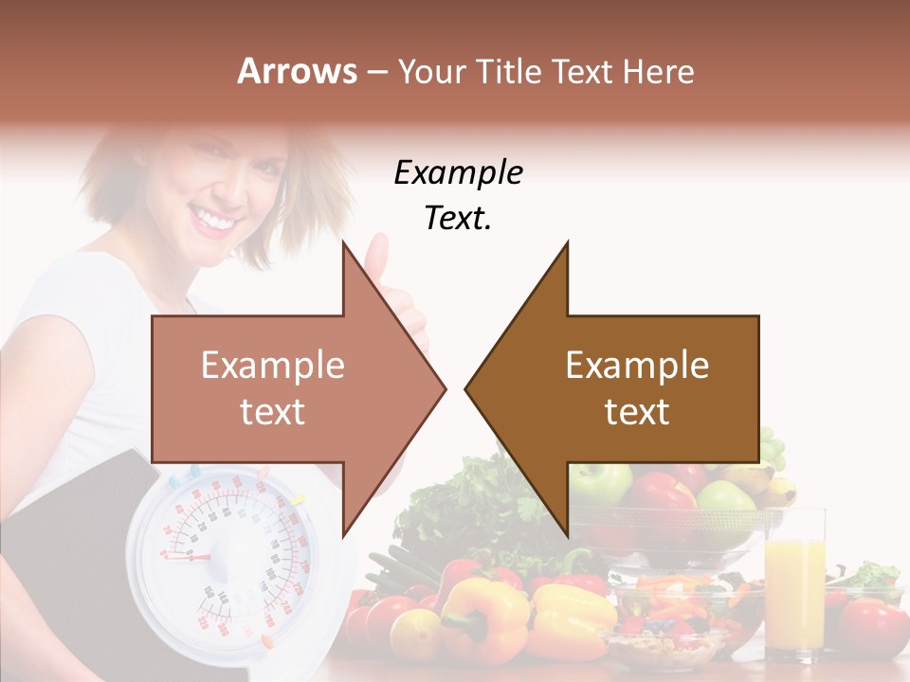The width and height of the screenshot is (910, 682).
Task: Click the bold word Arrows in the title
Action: point(298,71)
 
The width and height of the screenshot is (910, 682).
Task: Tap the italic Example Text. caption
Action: point(458,195)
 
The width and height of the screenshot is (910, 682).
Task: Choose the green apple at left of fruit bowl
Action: point(599,483)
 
